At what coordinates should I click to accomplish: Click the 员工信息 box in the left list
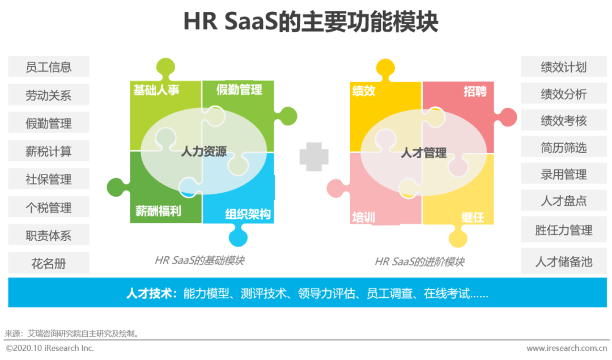pos(49,67)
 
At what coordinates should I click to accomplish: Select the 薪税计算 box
pos(49,151)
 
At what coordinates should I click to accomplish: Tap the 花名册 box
pos(49,264)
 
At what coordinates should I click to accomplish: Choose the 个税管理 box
pos(49,207)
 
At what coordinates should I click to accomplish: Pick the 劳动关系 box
pos(49,95)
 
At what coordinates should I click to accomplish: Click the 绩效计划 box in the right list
pos(563,67)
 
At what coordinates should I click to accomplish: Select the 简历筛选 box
pos(563,148)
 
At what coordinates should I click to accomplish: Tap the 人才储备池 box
pos(563,261)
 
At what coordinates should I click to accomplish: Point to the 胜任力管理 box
pos(563,230)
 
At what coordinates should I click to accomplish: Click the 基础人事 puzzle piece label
pos(156,90)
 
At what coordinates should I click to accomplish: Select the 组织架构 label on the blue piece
pos(248,214)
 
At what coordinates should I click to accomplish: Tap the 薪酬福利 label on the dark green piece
pos(158,211)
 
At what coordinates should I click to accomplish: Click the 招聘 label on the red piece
pos(475,91)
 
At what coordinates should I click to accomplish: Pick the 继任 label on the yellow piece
pos(473,217)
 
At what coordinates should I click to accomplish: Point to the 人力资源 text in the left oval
pos(203,152)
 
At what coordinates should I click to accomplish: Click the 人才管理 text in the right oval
pos(423,153)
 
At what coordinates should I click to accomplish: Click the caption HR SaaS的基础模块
pos(199,261)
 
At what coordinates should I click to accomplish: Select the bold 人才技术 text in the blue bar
pos(151,294)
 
